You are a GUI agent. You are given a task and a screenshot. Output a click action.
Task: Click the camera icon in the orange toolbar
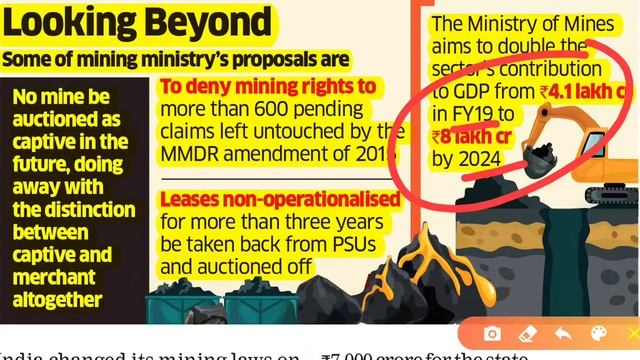(x=492, y=333)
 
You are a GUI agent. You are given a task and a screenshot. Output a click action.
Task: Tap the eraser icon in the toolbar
(x=526, y=333)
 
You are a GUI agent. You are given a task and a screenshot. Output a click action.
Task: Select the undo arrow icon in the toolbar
(x=562, y=333)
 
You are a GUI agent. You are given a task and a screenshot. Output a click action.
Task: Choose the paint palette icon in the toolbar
(x=597, y=333)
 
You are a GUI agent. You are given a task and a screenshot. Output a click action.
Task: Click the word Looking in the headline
(x=78, y=22)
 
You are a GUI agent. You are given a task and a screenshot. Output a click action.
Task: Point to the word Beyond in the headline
(x=208, y=22)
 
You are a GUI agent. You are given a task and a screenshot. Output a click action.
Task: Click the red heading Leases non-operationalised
(x=280, y=200)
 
